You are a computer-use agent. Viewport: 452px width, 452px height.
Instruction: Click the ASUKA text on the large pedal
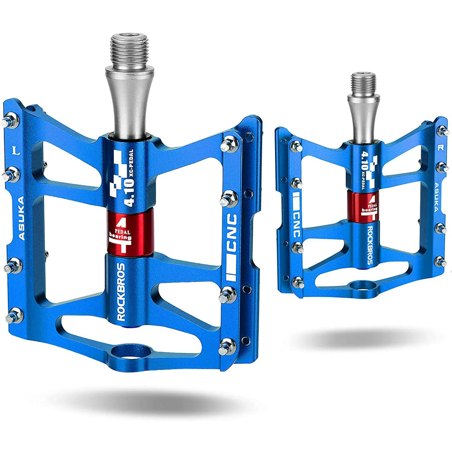tap(21, 218)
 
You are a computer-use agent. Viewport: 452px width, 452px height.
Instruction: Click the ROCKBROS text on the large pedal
tap(121, 292)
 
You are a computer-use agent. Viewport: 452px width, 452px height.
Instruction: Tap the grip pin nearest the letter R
tap(442, 131)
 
